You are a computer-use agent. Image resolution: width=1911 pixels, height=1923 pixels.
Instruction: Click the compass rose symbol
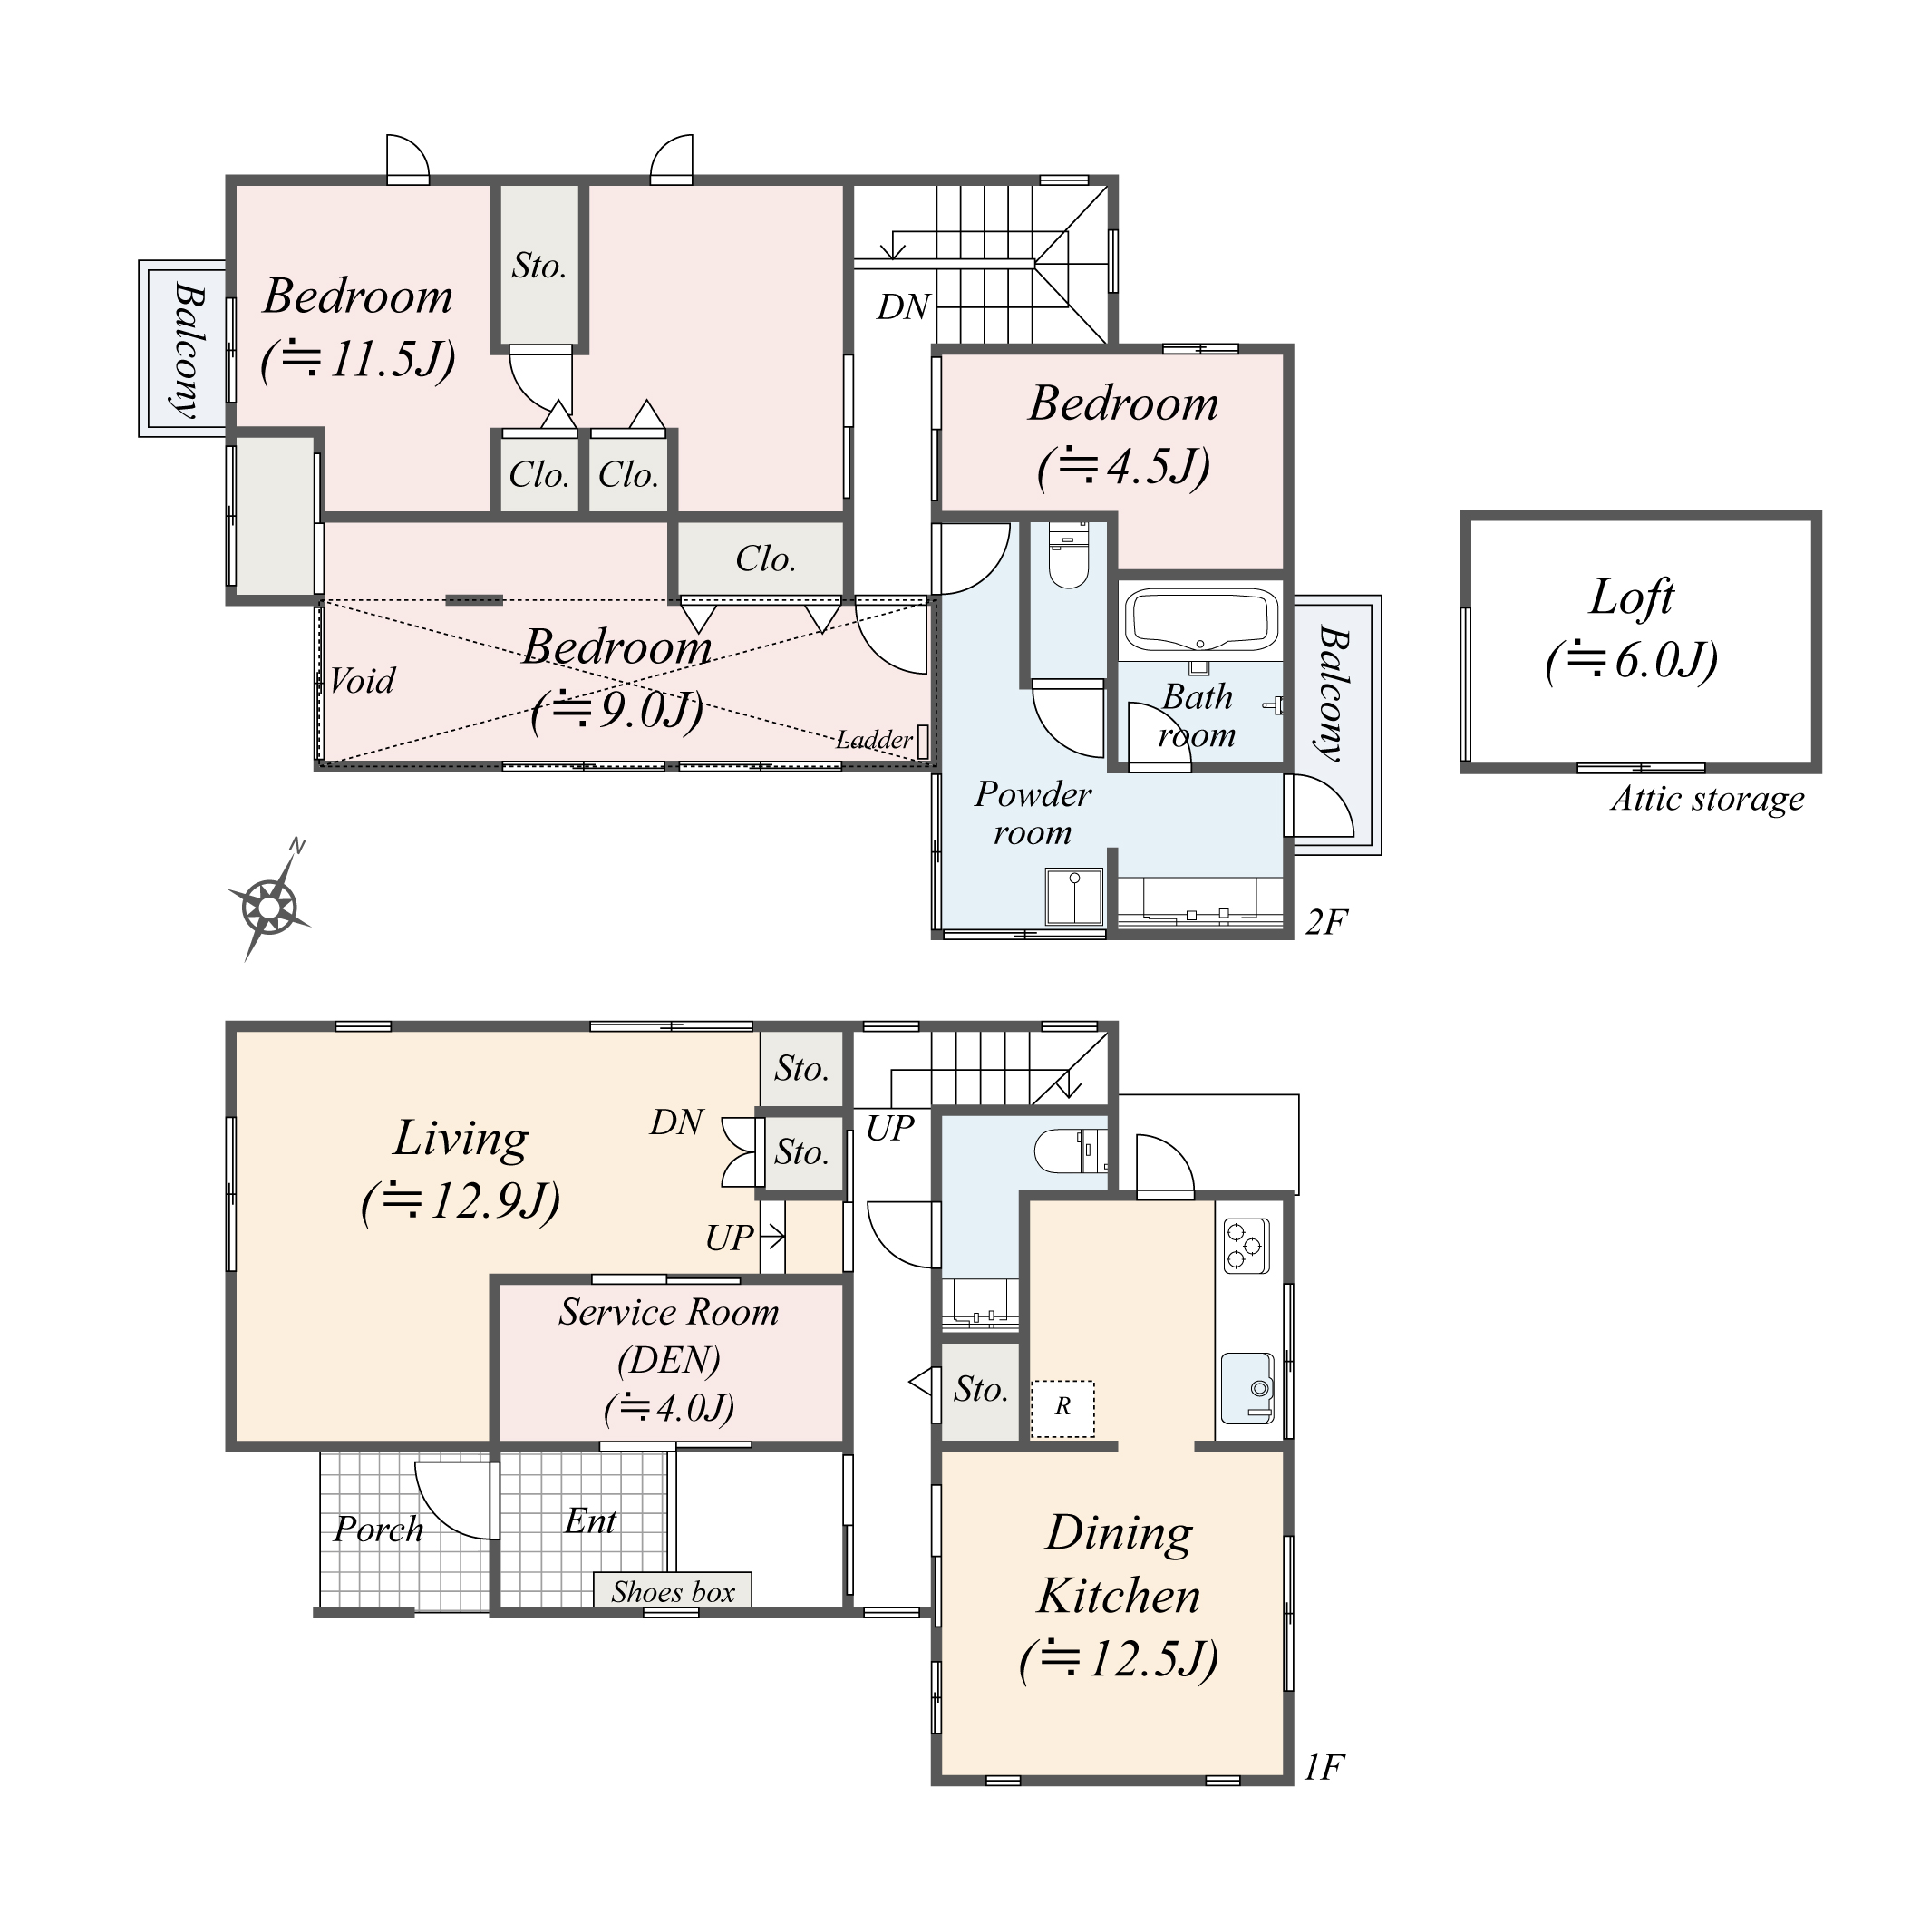[270, 907]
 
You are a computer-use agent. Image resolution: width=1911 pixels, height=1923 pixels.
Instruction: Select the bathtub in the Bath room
[1200, 620]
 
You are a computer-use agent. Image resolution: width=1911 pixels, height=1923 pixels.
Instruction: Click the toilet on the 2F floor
[1068, 558]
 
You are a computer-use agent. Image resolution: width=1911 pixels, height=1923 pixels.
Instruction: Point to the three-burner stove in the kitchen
[1243, 1245]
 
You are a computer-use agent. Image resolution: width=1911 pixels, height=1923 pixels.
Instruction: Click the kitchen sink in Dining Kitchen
[1247, 1387]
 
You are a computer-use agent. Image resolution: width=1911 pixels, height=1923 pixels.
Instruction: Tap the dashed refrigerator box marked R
[1062, 1407]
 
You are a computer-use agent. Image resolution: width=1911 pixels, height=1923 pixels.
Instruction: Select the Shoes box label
[673, 1591]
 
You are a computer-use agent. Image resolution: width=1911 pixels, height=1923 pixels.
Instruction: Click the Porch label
[378, 1529]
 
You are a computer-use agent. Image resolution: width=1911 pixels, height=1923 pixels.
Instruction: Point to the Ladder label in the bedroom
[873, 740]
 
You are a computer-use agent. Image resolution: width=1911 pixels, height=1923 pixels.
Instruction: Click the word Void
[362, 681]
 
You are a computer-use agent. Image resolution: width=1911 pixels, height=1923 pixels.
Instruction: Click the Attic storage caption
[1707, 798]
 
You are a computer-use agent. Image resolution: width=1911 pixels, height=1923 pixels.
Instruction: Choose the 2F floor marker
[1324, 923]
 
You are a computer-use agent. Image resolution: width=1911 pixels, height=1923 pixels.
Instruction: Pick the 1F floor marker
[1324, 1768]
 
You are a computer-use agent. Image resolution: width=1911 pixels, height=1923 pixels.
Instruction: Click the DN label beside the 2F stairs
[903, 307]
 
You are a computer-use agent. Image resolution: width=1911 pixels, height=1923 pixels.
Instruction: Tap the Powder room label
[1033, 812]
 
